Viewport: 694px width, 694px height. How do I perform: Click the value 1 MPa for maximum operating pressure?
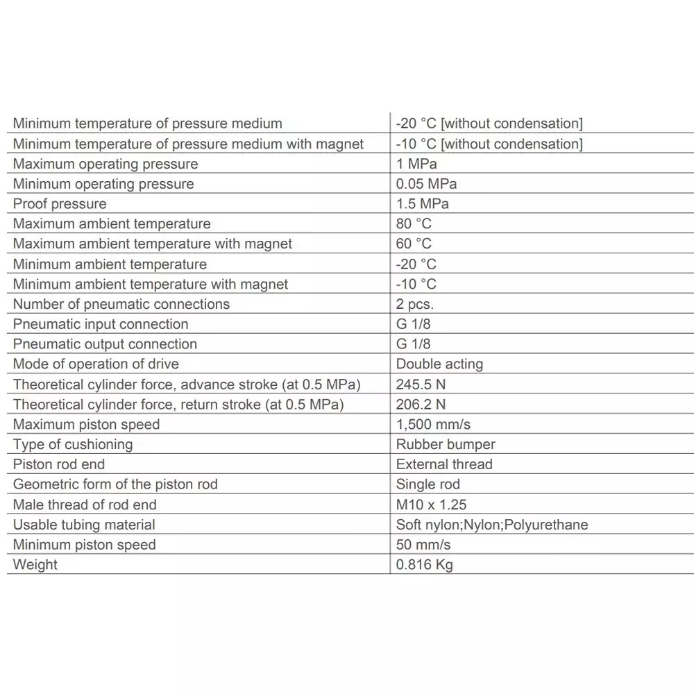pyautogui.click(x=416, y=164)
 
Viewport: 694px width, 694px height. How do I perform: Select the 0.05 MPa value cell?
pyautogui.click(x=426, y=184)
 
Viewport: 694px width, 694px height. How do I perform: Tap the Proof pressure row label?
pyautogui.click(x=60, y=204)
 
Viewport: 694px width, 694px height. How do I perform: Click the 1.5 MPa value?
pyautogui.click(x=422, y=204)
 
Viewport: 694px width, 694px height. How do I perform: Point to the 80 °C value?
pyautogui.click(x=414, y=224)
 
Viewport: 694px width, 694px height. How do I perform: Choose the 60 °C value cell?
pyautogui.click(x=414, y=244)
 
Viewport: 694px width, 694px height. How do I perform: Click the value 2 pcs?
pyautogui.click(x=415, y=304)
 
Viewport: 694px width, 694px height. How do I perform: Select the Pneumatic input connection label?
pyautogui.click(x=101, y=324)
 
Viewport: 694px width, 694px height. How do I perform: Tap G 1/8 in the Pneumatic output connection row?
pyautogui.click(x=413, y=344)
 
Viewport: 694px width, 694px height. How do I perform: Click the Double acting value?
pyautogui.click(x=439, y=364)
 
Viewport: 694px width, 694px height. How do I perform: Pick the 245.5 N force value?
pyautogui.click(x=421, y=384)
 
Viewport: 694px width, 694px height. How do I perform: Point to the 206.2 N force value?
pyautogui.click(x=421, y=404)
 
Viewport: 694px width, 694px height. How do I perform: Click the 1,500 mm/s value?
pyautogui.click(x=433, y=424)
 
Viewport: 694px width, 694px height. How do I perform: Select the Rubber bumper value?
pyautogui.click(x=446, y=444)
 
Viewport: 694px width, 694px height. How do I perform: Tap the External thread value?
pyautogui.click(x=444, y=464)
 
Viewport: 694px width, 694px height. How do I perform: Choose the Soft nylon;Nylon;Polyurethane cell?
pyautogui.click(x=492, y=525)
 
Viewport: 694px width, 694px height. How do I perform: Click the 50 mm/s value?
pyautogui.click(x=423, y=545)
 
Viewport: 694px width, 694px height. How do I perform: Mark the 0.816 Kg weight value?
pyautogui.click(x=424, y=565)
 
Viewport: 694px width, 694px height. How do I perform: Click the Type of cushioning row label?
pyautogui.click(x=73, y=444)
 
